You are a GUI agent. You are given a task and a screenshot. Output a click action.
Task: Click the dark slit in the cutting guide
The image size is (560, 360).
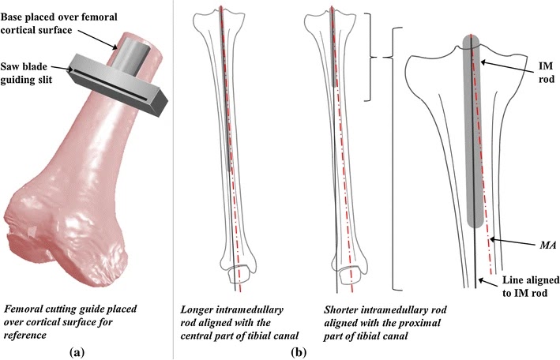[x=118, y=78]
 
